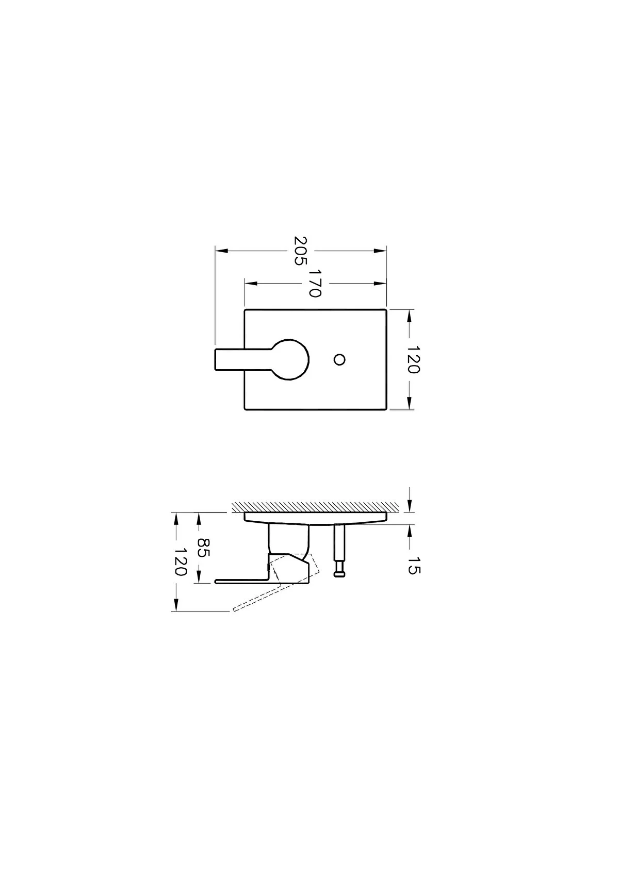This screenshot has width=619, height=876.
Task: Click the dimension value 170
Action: [315, 283]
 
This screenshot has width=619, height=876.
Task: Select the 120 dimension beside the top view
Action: [413, 359]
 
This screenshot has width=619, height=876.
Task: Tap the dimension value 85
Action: [203, 548]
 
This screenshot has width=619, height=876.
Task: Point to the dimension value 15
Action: [413, 566]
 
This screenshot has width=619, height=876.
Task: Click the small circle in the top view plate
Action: [339, 359]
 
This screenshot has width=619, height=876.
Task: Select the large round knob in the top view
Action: [291, 359]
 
